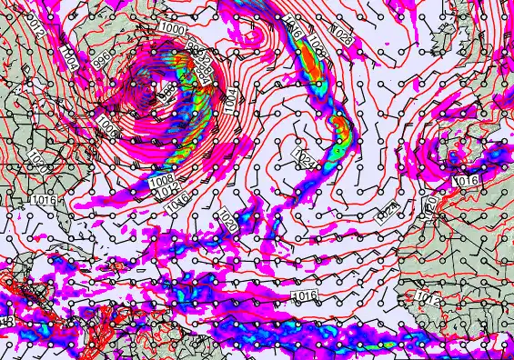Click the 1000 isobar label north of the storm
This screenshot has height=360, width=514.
169,29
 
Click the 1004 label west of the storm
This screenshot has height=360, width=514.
69,56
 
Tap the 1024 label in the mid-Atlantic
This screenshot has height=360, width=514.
307,158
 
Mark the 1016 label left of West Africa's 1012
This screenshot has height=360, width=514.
306,296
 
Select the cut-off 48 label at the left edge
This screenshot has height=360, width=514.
5,322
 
